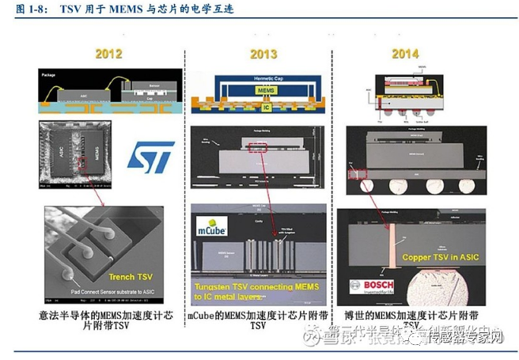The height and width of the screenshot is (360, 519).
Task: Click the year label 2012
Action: [108, 54]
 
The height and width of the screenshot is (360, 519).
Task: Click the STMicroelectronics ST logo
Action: [151, 158]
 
